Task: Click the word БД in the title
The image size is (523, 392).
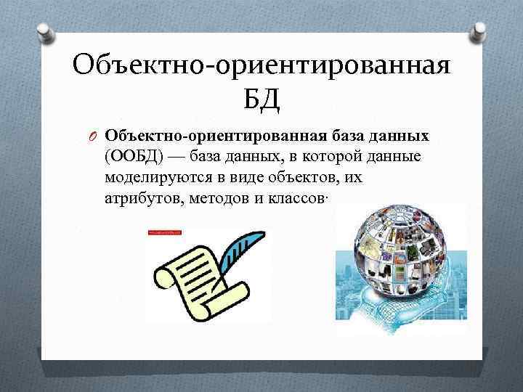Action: [x=261, y=97]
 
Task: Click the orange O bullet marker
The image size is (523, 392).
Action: [x=93, y=136]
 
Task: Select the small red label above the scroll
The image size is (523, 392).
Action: [x=164, y=232]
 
